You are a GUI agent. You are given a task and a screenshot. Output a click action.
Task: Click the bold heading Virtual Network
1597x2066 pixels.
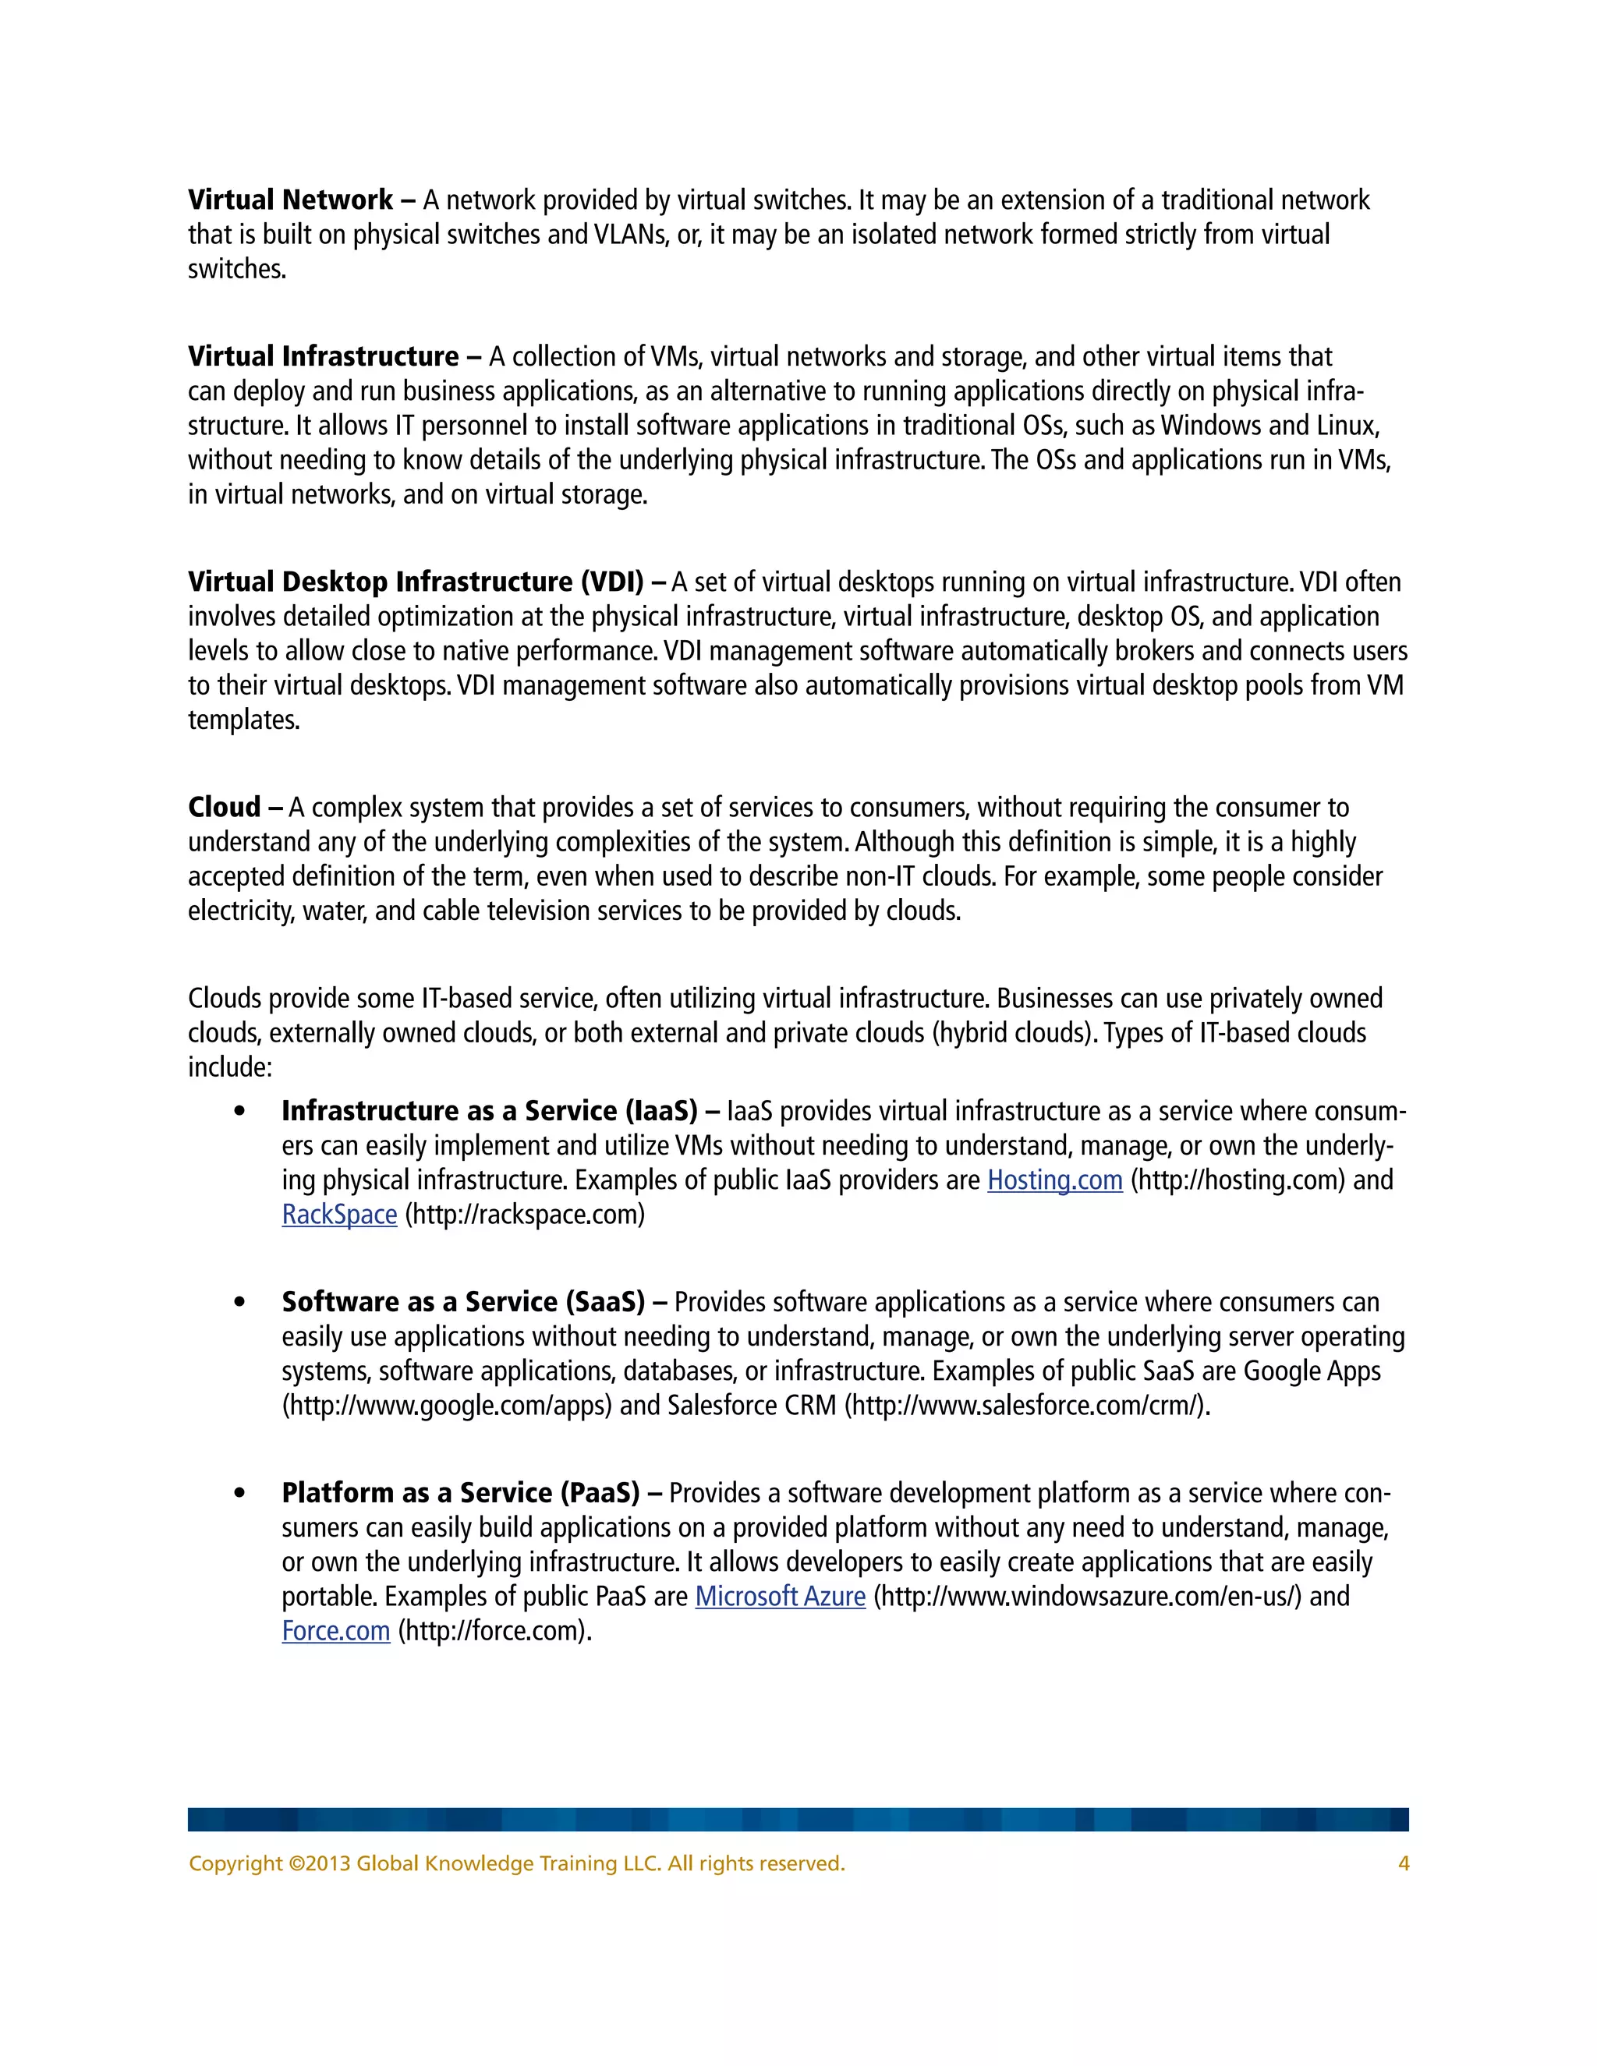click(289, 200)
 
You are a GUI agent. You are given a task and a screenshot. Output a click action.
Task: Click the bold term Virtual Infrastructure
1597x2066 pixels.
click(323, 356)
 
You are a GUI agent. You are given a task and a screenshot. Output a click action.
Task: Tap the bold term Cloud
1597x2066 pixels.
click(225, 807)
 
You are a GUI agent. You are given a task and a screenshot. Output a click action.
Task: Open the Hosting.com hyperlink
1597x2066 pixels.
click(1054, 1180)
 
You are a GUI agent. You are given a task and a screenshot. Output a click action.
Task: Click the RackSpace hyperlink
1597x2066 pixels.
click(338, 1215)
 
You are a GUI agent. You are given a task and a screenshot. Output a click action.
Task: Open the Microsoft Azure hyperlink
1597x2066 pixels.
click(780, 1597)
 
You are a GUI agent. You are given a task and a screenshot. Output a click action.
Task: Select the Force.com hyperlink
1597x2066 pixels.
click(336, 1631)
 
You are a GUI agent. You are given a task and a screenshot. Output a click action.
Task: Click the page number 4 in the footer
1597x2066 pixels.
click(1403, 1863)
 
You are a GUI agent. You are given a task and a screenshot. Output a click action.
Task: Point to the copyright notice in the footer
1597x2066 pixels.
click(516, 1863)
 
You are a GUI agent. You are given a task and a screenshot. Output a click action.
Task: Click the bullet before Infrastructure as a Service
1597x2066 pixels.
click(239, 1112)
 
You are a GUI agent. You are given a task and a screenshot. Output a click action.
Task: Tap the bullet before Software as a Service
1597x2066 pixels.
click(239, 1303)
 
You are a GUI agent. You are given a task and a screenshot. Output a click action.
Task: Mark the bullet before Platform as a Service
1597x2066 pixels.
click(239, 1494)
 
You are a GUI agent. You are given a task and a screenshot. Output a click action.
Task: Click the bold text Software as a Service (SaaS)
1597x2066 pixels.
click(462, 1303)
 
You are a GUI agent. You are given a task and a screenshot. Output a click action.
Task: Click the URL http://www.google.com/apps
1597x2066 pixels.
click(447, 1406)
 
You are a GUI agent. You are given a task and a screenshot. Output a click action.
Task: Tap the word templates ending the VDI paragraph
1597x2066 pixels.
click(243, 720)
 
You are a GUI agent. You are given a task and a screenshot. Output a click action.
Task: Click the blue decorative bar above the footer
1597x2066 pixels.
click(798, 1819)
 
